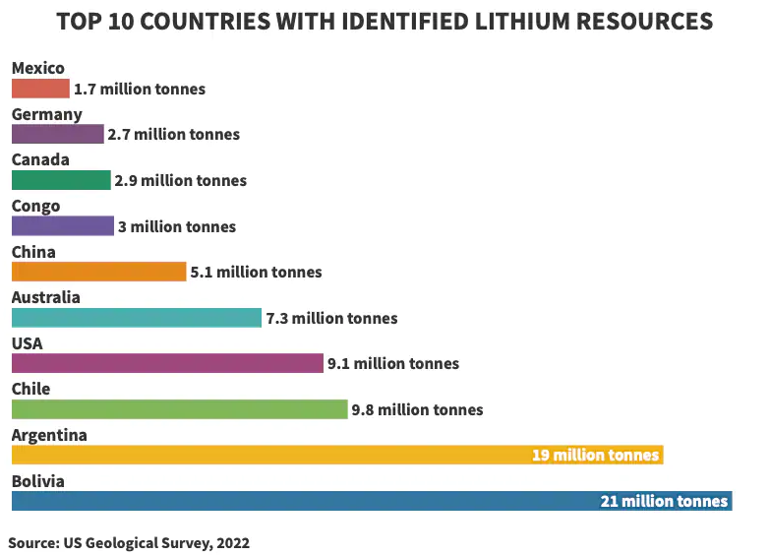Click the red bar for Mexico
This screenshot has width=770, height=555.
tap(40, 89)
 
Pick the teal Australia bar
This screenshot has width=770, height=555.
tap(137, 318)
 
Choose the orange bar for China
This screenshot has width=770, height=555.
tap(98, 272)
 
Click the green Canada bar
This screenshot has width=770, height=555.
tap(61, 180)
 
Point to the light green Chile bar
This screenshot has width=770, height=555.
tap(179, 409)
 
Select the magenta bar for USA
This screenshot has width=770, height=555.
tap(167, 363)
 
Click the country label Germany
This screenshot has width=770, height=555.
tap(47, 114)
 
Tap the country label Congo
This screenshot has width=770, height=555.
tap(36, 206)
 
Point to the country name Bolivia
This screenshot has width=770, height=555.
tap(38, 481)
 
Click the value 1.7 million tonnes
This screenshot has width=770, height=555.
tap(140, 90)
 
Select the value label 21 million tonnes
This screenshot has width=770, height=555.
tap(665, 502)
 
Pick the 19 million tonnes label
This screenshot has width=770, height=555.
tap(595, 456)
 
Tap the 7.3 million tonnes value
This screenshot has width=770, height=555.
tap(331, 319)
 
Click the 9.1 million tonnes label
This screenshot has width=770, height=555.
tap(392, 364)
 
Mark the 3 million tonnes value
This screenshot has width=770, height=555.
tap(177, 227)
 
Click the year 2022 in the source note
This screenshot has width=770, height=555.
tap(232, 543)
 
